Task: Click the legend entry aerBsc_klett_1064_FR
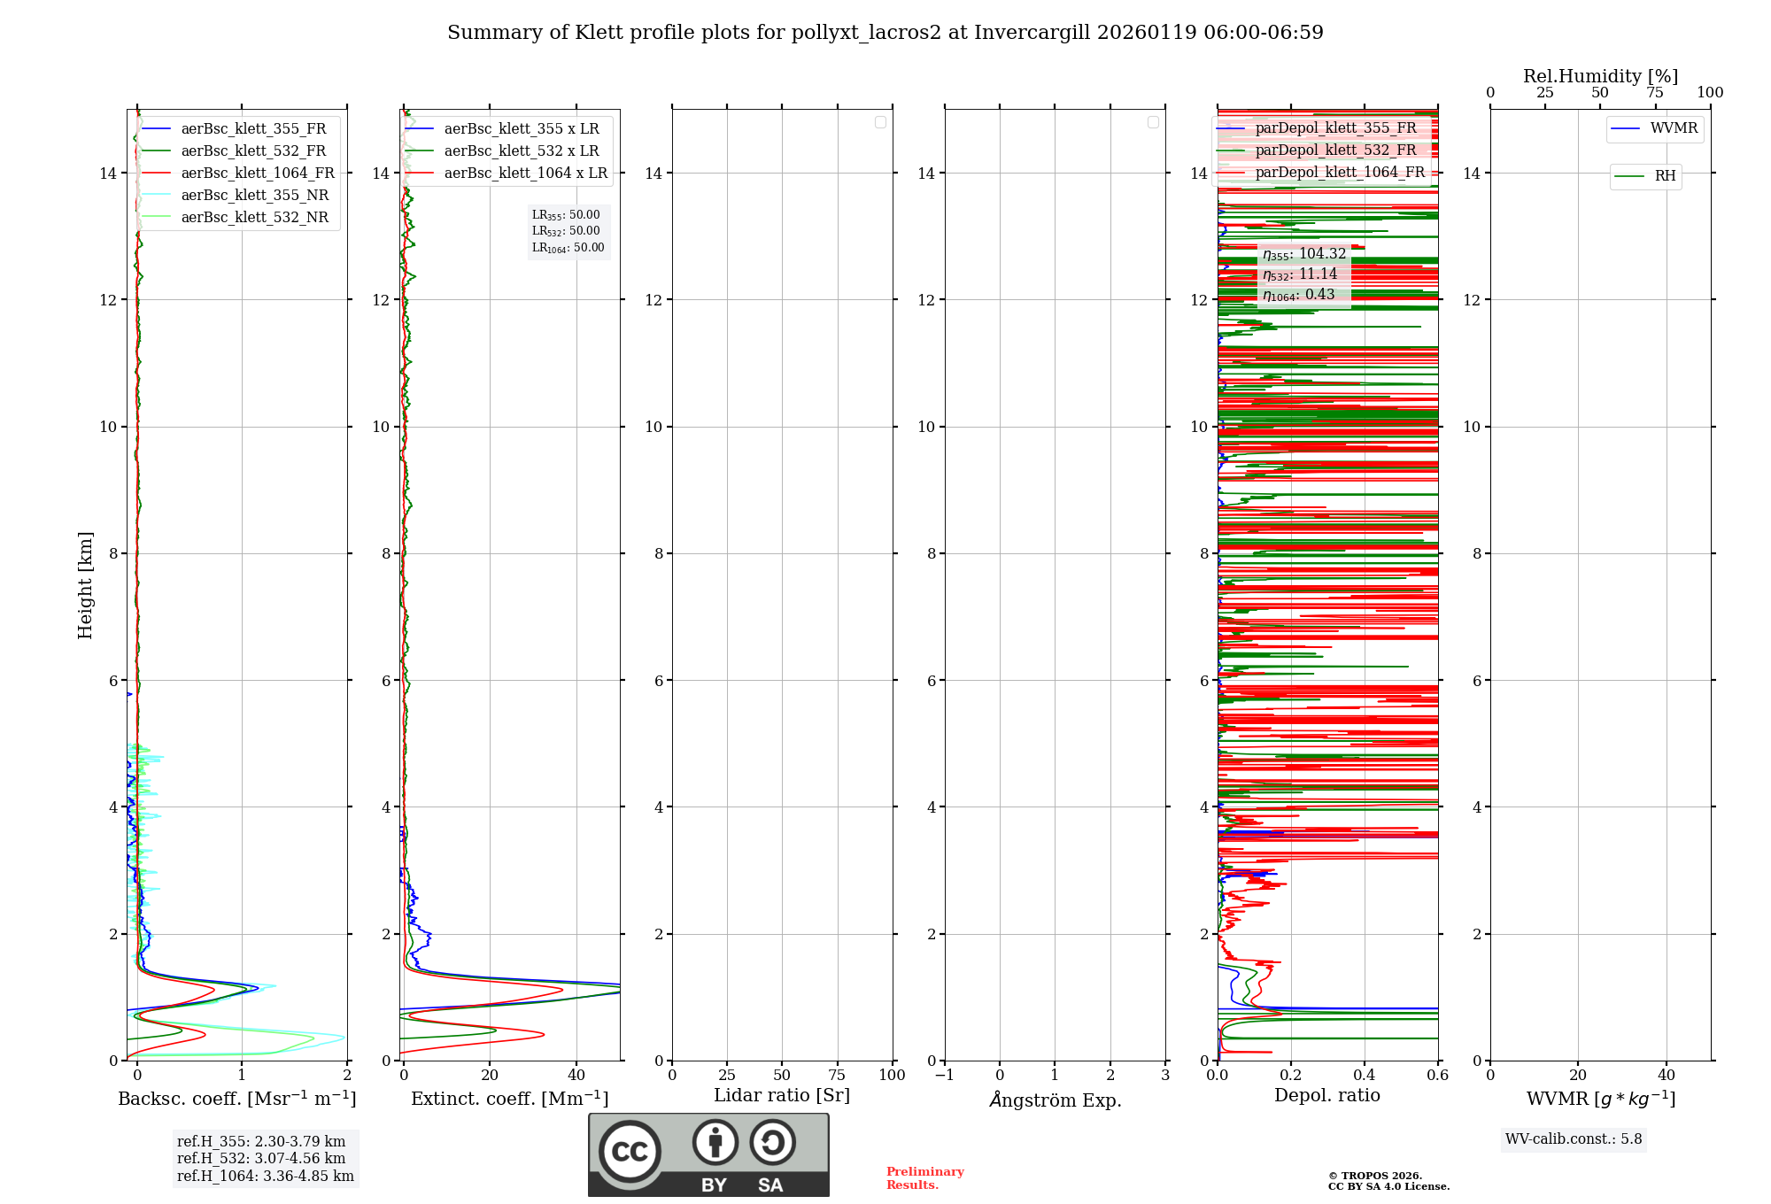(258, 174)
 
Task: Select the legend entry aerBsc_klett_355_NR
(255, 196)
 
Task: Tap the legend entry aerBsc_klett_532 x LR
(522, 151)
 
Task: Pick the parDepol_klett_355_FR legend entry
(1335, 128)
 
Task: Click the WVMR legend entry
(1674, 128)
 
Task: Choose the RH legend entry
(1665, 176)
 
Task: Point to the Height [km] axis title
(85, 585)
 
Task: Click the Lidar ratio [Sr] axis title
(782, 1096)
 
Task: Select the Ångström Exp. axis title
(1056, 1100)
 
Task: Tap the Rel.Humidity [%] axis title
(1600, 77)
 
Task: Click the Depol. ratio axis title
(1326, 1096)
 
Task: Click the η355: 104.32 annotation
(1304, 254)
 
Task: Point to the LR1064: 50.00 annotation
(568, 248)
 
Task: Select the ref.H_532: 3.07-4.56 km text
(261, 1159)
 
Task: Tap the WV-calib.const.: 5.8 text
(1574, 1139)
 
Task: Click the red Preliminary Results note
(924, 1178)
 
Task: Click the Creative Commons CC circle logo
(630, 1152)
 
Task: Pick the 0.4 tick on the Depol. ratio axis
(1365, 1076)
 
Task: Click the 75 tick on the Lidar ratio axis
(837, 1076)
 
